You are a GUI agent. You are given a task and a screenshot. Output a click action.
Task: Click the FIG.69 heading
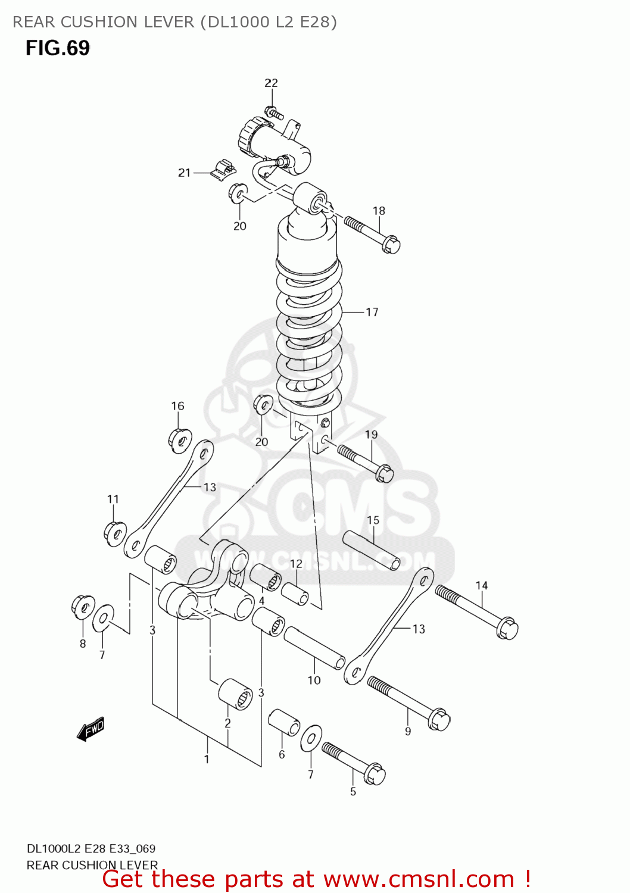coord(57,48)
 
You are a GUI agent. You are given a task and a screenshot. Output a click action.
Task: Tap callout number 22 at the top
coord(271,83)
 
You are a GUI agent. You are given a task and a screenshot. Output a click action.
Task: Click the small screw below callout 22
coord(273,112)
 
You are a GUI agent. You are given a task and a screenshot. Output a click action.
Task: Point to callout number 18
coord(379,211)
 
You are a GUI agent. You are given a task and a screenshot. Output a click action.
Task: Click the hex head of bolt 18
coord(391,244)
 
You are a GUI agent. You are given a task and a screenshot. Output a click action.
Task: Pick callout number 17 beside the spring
coord(372,312)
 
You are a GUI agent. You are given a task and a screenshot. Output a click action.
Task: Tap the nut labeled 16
coord(179,440)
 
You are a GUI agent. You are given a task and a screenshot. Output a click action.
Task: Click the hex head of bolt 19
coord(385,473)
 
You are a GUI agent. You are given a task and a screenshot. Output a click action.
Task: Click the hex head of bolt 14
coord(507,629)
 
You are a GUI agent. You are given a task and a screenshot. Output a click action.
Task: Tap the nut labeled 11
coord(115,533)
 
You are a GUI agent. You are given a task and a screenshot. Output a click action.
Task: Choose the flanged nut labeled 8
coord(83,607)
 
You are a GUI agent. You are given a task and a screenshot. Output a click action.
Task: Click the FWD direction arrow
coord(91,729)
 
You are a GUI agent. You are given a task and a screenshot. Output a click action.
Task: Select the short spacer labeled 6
coord(284,722)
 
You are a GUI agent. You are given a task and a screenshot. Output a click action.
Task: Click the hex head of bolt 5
coord(375,775)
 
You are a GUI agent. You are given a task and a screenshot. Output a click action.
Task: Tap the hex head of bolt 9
coord(438,720)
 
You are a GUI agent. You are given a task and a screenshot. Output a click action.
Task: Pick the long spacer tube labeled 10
coord(314,648)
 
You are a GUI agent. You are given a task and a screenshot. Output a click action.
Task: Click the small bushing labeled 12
coord(295,594)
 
